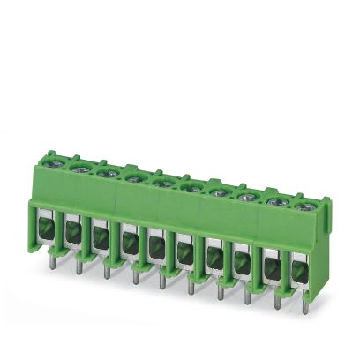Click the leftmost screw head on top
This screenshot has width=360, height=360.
coord(55,161)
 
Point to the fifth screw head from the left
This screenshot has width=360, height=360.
coord(160,182)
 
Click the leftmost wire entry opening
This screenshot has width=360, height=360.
coord(44,228)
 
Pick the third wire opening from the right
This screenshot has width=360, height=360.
coord(241,257)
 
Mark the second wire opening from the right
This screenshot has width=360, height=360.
coord(269,261)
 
